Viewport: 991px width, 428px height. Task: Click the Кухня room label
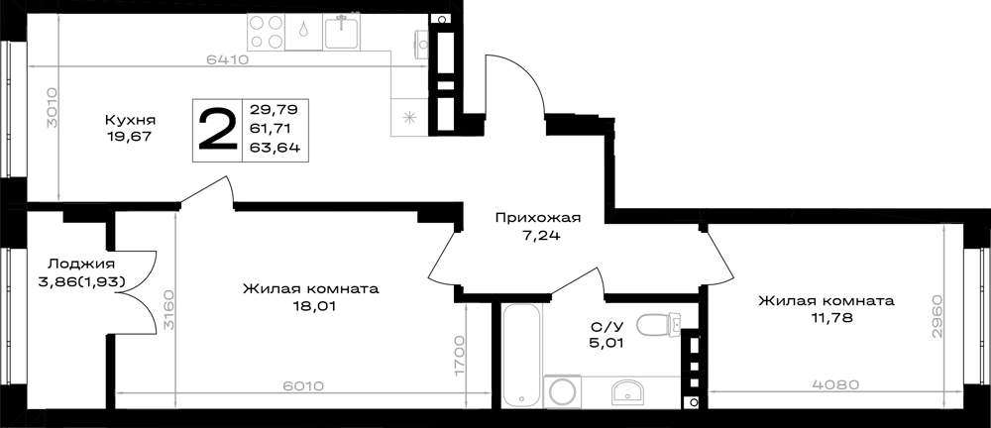pos(130,120)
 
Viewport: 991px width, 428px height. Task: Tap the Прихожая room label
pos(537,219)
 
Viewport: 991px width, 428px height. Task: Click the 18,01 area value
pos(310,306)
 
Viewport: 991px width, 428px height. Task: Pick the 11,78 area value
pos(826,318)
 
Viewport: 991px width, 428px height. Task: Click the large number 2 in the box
pos(217,130)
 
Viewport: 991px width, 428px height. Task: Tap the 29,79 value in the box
pos(275,109)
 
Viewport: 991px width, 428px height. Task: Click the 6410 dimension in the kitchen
pos(226,60)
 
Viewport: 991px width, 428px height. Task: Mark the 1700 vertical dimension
pos(460,358)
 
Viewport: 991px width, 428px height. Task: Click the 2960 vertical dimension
pos(936,315)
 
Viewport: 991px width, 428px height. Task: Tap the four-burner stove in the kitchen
pos(266,33)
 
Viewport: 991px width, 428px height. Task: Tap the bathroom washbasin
pos(627,392)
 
